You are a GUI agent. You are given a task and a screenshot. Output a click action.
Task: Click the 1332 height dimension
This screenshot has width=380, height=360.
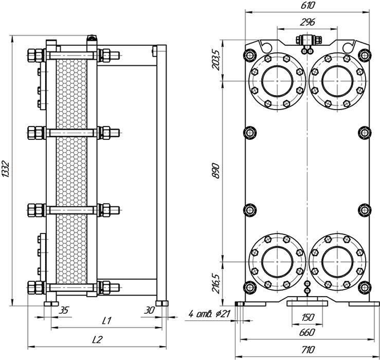pos(6,168)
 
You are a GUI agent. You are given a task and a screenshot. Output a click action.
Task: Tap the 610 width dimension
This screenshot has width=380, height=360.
pos(307,5)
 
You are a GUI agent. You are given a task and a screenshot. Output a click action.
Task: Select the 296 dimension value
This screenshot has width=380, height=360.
pos(307,22)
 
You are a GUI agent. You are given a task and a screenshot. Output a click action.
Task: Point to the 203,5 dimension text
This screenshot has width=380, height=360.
pos(216,59)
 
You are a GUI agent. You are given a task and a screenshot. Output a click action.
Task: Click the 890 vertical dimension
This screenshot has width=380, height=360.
pos(216,171)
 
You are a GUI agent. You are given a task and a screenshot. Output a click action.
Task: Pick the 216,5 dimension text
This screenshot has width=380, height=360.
pos(216,283)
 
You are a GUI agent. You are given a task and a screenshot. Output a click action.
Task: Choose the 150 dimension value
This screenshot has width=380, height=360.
pos(307,317)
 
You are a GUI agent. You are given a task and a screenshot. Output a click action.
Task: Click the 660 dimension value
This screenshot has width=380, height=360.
pos(307,332)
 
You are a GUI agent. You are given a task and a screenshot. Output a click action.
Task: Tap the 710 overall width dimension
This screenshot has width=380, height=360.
pos(307,350)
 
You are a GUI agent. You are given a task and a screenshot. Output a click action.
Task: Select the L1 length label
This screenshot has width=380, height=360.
pos(107,321)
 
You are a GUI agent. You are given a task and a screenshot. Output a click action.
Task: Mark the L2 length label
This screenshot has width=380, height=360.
pos(97,340)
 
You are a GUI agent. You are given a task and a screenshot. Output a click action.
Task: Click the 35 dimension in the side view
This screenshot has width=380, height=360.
pos(64,310)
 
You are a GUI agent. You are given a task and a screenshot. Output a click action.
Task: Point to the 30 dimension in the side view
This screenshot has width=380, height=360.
pos(149,310)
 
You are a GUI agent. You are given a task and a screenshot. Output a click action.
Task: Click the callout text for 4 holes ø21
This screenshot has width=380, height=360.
pos(209,314)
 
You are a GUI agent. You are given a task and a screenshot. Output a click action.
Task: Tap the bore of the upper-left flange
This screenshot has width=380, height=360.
pos(277,81)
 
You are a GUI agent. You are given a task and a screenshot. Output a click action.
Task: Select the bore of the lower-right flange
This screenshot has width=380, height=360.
pos(338,262)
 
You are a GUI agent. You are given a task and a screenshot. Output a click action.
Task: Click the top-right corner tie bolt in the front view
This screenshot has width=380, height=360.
pos(365,55)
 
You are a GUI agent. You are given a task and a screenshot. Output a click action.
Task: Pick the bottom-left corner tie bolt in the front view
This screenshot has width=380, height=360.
pos(249,287)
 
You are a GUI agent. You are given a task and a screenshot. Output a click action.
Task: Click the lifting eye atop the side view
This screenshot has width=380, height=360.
pos(92,39)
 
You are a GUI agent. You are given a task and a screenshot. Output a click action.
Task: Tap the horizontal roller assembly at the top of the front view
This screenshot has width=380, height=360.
pos(309,40)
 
